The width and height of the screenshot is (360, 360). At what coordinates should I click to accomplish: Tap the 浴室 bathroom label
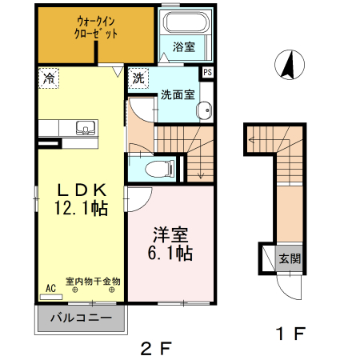point(184,47)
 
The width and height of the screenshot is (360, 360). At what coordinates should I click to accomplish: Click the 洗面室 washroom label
point(178,94)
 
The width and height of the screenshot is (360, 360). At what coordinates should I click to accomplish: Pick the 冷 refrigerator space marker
point(49,78)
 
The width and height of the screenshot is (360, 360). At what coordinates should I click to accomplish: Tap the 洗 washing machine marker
point(138,78)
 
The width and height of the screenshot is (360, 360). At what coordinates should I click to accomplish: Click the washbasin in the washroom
point(206,110)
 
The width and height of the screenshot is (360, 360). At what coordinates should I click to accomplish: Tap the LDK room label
point(80,190)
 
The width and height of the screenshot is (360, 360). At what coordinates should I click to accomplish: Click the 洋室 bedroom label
point(171,236)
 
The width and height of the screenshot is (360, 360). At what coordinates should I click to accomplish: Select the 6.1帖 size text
point(171,254)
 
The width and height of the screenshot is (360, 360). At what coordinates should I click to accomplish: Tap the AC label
point(50,288)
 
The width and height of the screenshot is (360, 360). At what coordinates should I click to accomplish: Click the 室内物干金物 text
point(93,282)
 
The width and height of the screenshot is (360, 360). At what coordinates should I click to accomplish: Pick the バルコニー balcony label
point(81,318)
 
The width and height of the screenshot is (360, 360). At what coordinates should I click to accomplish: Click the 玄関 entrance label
point(289,258)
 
